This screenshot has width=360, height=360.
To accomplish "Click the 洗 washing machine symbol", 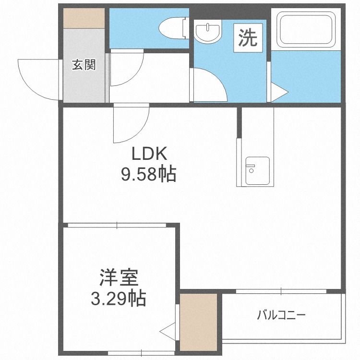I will pyautogui.click(x=248, y=38).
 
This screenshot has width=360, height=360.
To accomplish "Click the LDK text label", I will pyautogui.click(x=149, y=155).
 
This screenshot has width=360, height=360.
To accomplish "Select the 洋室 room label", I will pyautogui.click(x=119, y=279).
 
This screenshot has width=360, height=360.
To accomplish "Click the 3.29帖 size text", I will pyautogui.click(x=119, y=299).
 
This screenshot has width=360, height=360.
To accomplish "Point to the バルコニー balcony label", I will pyautogui.click(x=281, y=315).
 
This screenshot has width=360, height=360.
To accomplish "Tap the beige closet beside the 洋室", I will pyautogui.click(x=198, y=322).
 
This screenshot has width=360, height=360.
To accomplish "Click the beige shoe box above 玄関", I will pyautogui.click(x=83, y=19).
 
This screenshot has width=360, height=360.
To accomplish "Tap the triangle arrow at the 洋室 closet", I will pyautogui.click(x=168, y=330).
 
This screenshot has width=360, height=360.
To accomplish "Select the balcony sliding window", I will pyautogui.click(x=281, y=291).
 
